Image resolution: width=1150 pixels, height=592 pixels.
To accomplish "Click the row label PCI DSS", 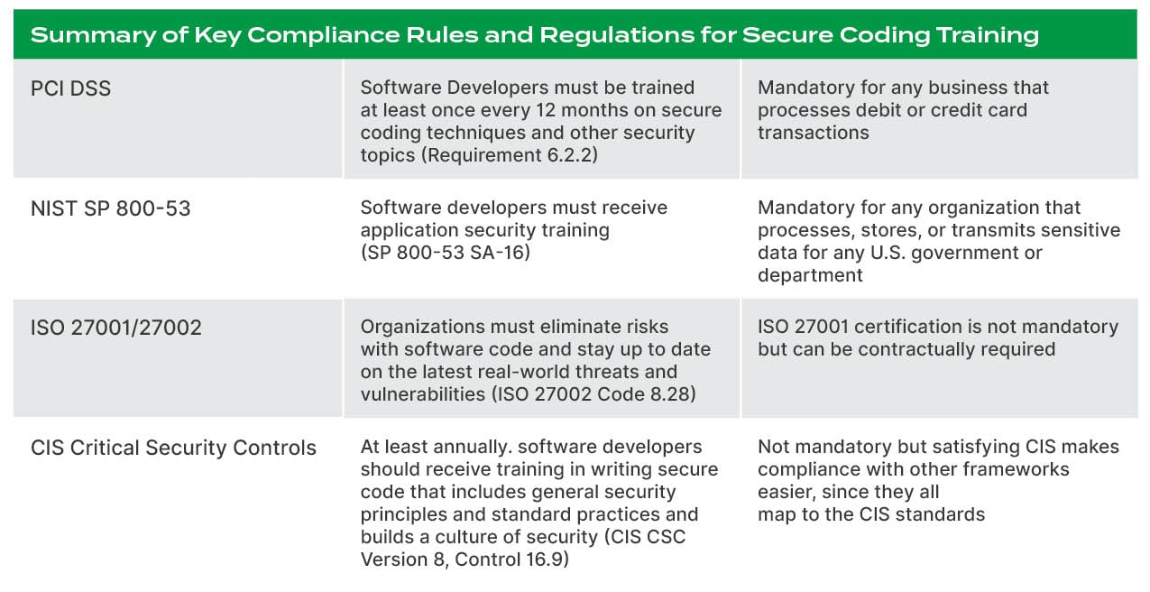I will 70,88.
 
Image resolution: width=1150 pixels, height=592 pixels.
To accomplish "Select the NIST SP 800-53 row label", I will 111,208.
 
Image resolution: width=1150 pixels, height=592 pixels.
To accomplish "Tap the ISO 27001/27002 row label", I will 116,327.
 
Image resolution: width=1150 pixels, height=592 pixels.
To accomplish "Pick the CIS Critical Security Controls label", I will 173,448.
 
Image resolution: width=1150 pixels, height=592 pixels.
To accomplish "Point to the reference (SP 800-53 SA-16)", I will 446,253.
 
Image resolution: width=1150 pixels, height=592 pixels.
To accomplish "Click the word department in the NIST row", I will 810,275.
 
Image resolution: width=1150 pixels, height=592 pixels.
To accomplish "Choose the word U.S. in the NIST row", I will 925,253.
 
